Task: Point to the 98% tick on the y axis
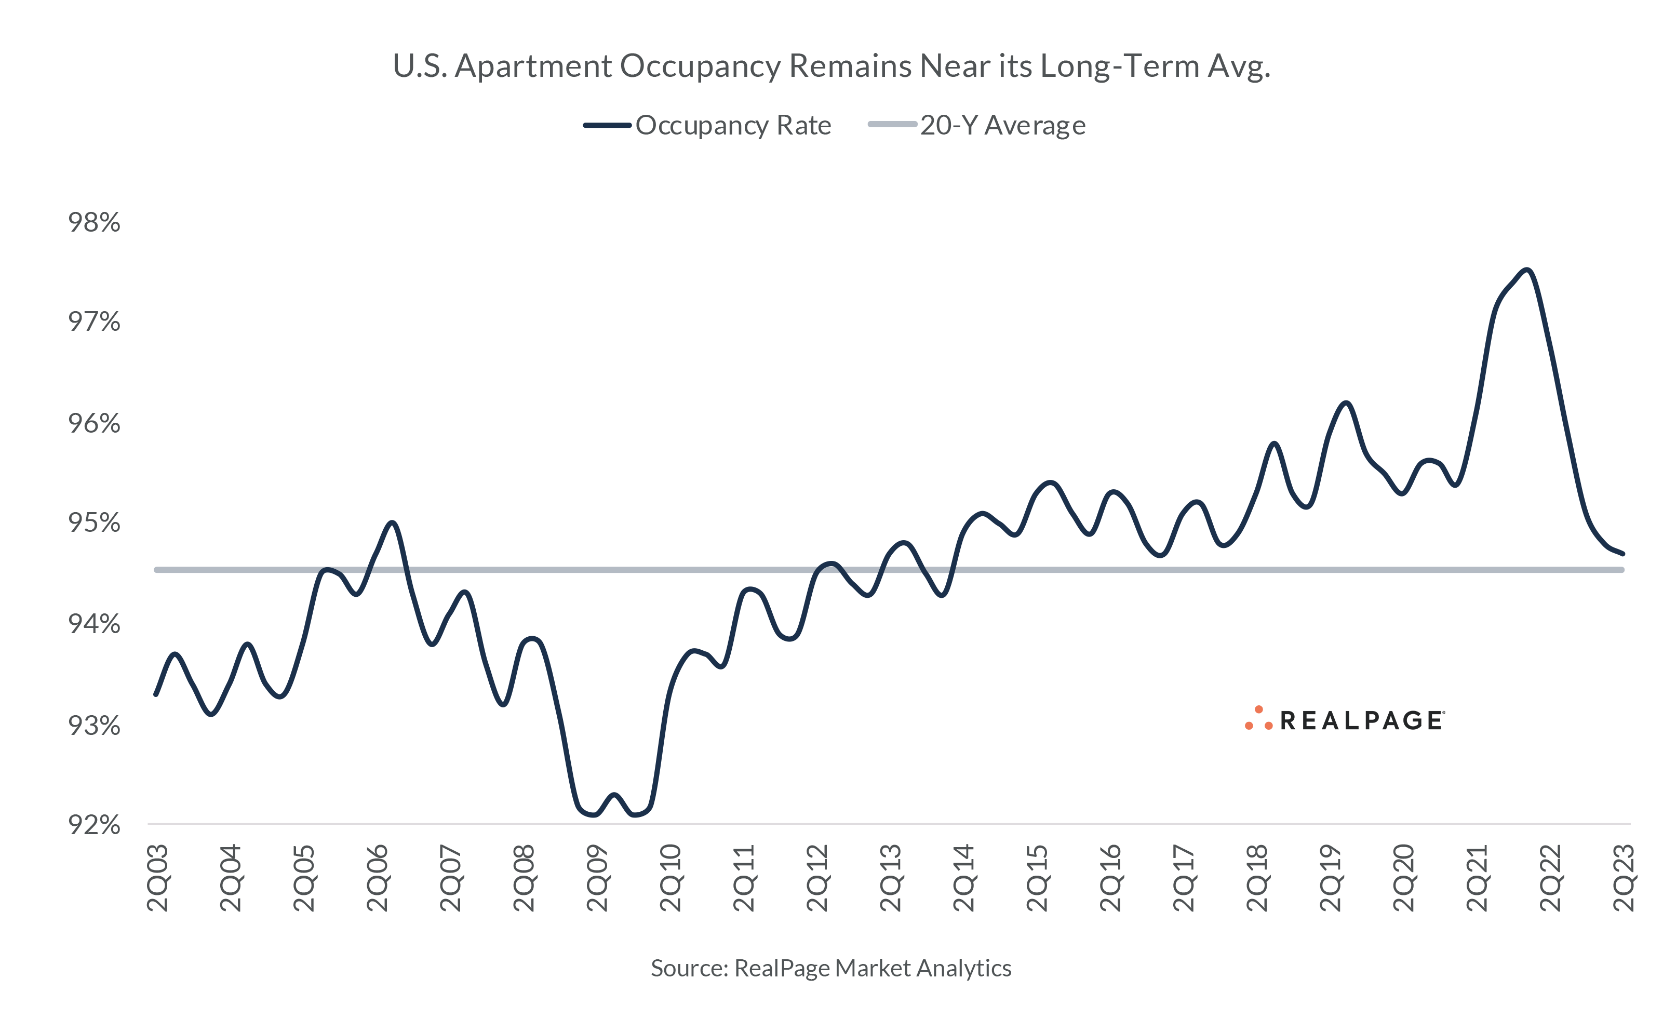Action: (93, 222)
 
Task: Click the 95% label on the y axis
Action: (93, 523)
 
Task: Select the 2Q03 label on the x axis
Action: (158, 878)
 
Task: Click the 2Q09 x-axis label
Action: (597, 878)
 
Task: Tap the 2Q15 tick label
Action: (1037, 878)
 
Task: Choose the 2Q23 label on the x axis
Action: (1624, 878)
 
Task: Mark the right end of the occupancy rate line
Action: (1622, 554)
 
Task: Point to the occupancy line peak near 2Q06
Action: (392, 523)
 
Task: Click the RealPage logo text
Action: (1361, 721)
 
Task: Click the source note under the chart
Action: (830, 968)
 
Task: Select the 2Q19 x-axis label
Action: (1330, 878)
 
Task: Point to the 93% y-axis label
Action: (93, 726)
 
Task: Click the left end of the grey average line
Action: (157, 569)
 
